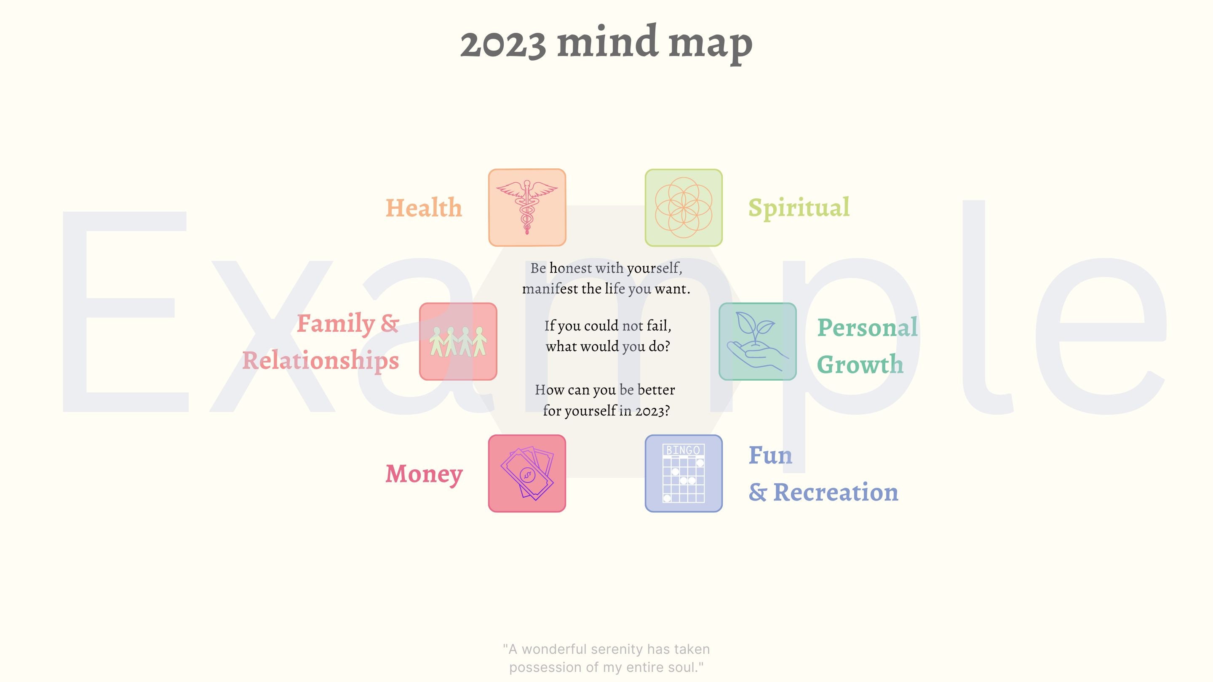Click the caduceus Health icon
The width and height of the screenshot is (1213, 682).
point(527,208)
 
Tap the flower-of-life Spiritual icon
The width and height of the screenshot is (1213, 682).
point(683,208)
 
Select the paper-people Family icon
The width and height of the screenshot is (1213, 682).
point(458,341)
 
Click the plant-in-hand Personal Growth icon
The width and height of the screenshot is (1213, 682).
point(757,341)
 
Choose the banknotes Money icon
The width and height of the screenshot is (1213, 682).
point(527,473)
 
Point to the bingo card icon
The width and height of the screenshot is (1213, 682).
point(683,473)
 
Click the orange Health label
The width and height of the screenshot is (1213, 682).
point(424,208)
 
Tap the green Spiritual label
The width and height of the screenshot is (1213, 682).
point(799,208)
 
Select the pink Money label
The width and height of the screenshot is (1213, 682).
point(424,474)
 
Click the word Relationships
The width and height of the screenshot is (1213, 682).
point(321,361)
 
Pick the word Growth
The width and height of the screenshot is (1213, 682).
point(860,364)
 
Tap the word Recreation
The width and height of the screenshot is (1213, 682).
point(835,492)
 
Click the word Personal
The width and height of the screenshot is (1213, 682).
point(867,328)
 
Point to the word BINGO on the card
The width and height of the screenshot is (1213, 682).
point(683,450)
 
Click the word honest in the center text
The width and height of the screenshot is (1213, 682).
point(571,268)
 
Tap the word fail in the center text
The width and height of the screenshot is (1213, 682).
point(658,326)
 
